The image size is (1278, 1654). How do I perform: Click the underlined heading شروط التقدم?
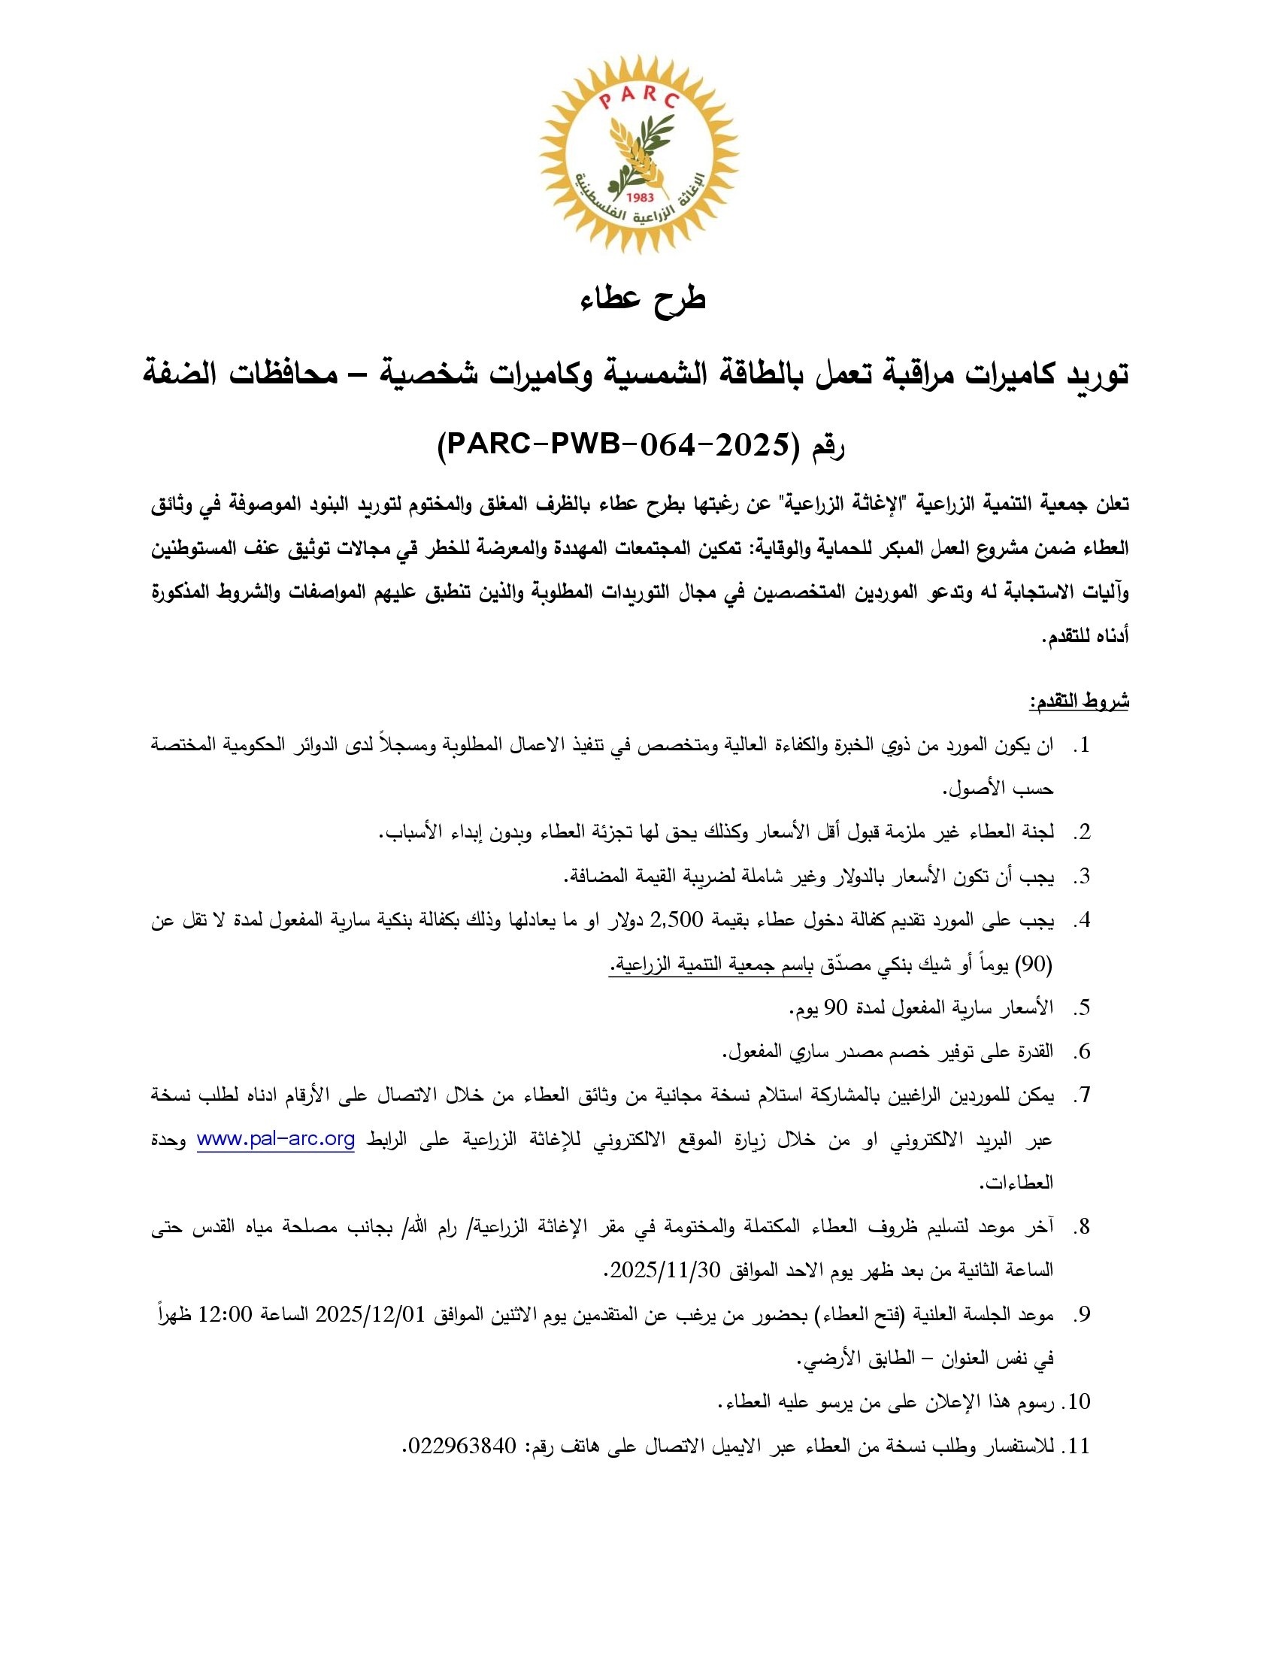pos(1079,702)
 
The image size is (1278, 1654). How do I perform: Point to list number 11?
pos(1077,1446)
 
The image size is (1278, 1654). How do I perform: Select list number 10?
pos(1077,1402)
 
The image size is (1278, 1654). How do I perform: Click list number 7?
pos(1082,1095)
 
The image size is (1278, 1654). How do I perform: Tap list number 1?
pos(1082,746)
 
